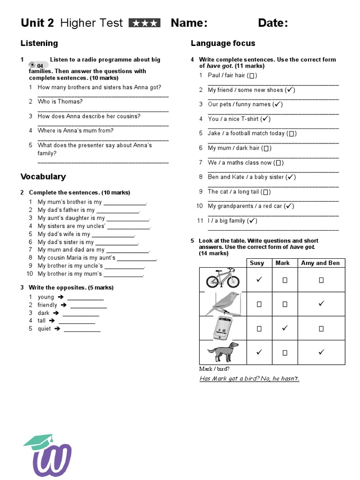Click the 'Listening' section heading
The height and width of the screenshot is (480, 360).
(39, 43)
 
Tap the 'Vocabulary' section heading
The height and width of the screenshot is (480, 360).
(43, 177)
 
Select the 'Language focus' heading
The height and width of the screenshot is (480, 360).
(223, 43)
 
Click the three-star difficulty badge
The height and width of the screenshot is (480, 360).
(144, 23)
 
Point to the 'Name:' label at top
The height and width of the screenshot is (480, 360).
(189, 23)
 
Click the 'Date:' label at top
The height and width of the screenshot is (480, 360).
(273, 23)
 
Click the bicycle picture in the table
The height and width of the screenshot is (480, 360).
(223, 278)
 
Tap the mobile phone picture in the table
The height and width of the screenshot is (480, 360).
(223, 328)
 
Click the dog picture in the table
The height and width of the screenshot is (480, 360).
(223, 352)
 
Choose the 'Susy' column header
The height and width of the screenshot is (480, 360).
(257, 263)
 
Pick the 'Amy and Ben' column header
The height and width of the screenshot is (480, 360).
(321, 263)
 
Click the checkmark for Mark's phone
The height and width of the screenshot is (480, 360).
(285, 328)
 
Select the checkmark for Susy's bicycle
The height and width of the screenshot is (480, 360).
(258, 279)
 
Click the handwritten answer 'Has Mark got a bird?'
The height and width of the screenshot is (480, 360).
(229, 379)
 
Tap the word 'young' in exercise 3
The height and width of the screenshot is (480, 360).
(46, 297)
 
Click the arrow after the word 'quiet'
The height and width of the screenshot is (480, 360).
(57, 329)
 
